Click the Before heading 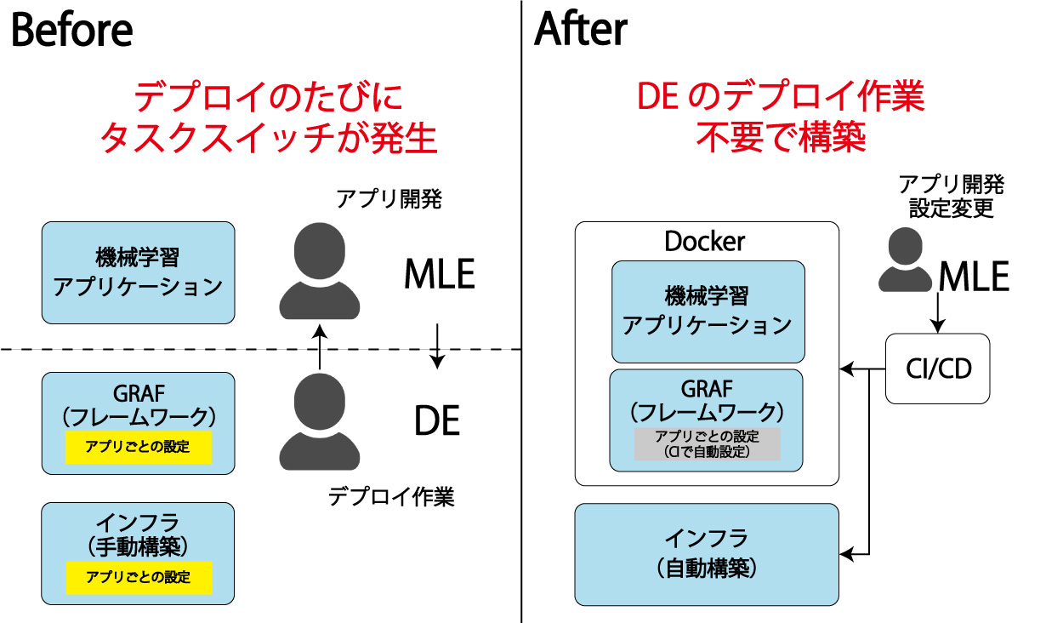pos(71,31)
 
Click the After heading pos(581,31)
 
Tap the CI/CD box pos(938,369)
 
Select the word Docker pos(704,242)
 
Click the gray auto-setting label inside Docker pos(707,444)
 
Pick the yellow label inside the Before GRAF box pos(138,447)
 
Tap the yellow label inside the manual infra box pos(138,577)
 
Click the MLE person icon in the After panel pos(907,261)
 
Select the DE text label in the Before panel pos(437,421)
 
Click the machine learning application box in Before pos(138,272)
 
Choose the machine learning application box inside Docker pos(707,311)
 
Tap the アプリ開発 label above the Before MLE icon pos(389,200)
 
